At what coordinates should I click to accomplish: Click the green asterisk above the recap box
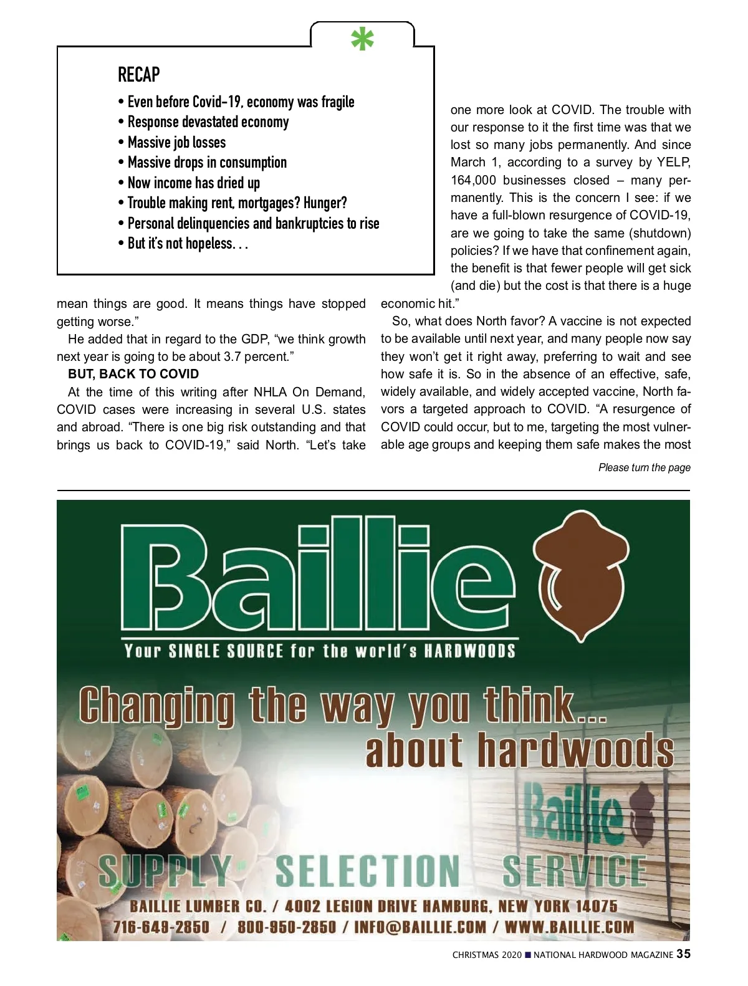(362, 39)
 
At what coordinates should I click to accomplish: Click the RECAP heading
(139, 75)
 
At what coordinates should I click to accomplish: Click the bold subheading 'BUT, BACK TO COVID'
(133, 374)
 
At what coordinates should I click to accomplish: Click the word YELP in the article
(673, 163)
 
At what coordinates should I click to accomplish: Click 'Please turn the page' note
(644, 467)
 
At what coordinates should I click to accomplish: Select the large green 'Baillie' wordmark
(318, 577)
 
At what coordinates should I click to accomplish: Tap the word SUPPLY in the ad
(165, 871)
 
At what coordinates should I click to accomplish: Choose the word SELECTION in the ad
(368, 871)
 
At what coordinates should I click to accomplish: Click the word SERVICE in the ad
(575, 871)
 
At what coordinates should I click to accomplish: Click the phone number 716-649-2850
(161, 927)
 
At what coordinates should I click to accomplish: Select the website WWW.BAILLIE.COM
(569, 927)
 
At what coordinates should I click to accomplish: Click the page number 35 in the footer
(683, 954)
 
